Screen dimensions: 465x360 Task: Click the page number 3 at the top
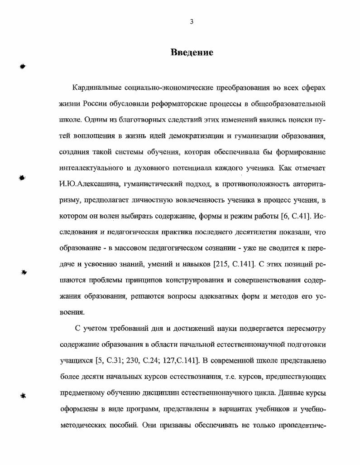click(192, 21)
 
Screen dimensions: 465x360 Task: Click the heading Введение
click(192, 52)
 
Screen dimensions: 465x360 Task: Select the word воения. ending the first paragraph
click(72, 313)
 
